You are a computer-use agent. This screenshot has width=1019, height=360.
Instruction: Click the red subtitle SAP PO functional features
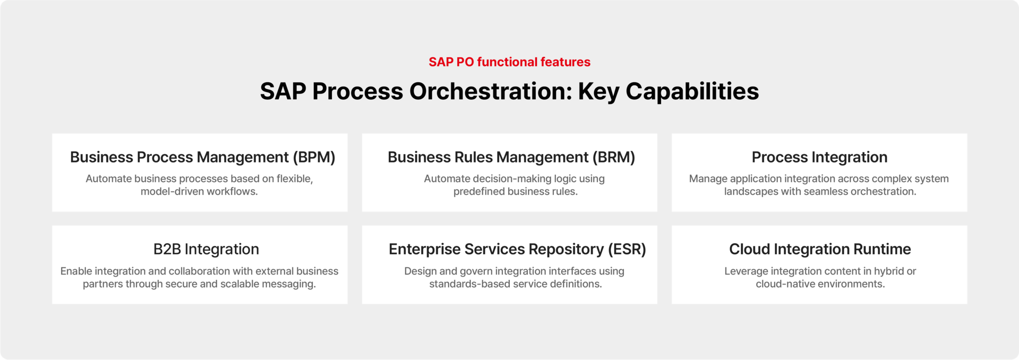tap(509, 62)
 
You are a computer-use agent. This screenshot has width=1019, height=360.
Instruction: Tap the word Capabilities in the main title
tap(692, 91)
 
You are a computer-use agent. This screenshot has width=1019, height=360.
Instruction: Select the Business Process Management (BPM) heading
tap(203, 157)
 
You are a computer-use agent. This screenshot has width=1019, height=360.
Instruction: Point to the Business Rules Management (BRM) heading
tap(511, 157)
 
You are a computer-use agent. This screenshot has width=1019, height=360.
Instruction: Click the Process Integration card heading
tap(819, 157)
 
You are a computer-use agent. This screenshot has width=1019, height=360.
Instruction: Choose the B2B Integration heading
tap(206, 249)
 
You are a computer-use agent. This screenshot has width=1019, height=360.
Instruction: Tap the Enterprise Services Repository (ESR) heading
tap(517, 249)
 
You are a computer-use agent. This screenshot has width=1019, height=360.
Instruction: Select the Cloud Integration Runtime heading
tap(820, 249)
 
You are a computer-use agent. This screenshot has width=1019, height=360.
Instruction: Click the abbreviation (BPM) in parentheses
tap(314, 157)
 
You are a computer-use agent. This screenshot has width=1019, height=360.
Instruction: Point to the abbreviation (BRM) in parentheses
tap(614, 157)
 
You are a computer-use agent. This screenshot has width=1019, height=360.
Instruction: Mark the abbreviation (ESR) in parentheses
tap(627, 249)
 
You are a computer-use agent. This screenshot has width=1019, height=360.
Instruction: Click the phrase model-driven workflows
tap(199, 192)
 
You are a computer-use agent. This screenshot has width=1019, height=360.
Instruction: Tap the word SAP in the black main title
tap(283, 91)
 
